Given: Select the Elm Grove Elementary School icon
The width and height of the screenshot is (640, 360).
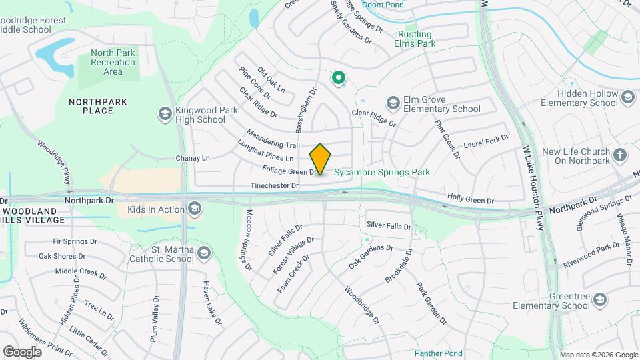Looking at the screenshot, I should pos(393,103).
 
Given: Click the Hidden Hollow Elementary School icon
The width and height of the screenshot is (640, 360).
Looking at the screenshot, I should pos(627,98).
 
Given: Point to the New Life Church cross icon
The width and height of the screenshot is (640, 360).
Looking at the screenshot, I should pos(621,156).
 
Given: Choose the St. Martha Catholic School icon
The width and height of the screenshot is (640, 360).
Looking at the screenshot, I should pos(203,253).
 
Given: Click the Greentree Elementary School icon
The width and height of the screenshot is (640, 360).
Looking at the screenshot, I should pos(600,300).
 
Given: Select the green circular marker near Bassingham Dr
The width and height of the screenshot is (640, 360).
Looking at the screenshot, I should pos(339,79).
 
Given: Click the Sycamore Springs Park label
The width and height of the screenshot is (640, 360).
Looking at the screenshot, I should pos(382,172).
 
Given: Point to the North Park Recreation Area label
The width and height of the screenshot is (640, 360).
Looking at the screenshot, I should pos(113,62).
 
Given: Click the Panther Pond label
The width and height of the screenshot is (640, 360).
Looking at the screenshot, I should pos(438,353).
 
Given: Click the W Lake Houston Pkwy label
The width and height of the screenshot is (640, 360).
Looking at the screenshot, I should pos(533,180).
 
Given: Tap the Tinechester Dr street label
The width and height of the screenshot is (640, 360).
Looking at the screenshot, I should pos(274,185).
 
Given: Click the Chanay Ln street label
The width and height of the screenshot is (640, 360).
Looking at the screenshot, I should pos(192,158).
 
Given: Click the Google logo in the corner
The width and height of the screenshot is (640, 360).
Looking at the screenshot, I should pos(22,351).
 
